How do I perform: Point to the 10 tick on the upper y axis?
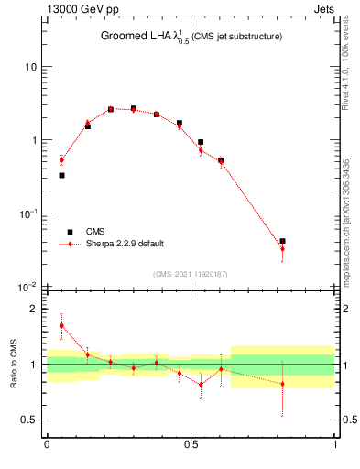pos(32,67)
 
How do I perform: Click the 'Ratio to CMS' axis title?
pos(13,365)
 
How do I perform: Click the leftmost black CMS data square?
pos(61,175)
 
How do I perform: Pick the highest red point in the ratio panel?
pos(61,325)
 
